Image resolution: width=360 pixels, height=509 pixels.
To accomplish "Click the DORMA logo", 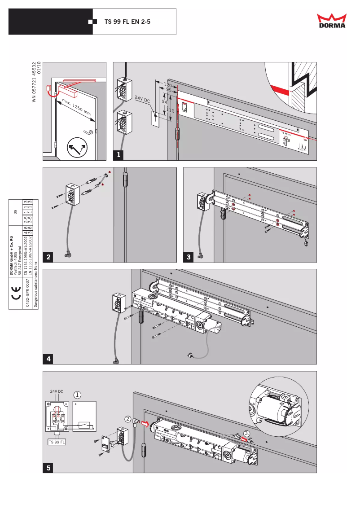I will coord(332,21).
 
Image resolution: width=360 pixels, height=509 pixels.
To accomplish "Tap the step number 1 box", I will coord(119,155).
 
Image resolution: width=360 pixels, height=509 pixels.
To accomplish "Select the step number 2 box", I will coord(48,257).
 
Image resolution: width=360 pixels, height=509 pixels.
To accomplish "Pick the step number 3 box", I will coord(189,257).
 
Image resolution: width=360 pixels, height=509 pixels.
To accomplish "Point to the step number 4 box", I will coord(48,359).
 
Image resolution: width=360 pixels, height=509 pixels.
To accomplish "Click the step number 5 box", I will coord(48,467).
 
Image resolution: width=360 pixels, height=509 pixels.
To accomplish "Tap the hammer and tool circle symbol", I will coord(77,148).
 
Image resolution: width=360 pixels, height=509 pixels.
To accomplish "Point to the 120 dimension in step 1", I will coord(168,84).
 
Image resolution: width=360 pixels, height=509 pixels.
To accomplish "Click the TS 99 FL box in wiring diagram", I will coord(57,442).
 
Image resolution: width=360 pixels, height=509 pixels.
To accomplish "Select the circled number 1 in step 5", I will coord(78,395).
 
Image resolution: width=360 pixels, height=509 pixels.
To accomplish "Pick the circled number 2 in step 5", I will coord(128,419).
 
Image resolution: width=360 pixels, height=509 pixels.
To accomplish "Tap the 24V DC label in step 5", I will coord(57,391).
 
